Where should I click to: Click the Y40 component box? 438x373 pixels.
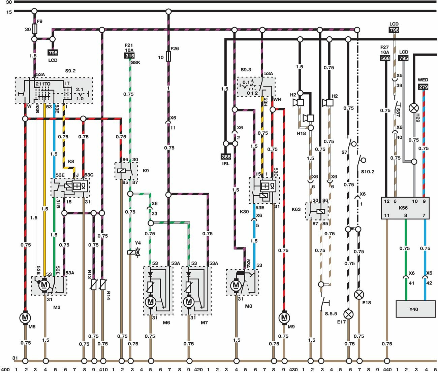pos(413,309)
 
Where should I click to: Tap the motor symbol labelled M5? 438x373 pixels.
pos(25,317)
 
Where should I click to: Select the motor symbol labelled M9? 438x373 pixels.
pos(284,317)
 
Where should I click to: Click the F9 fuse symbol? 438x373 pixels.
pos(34,28)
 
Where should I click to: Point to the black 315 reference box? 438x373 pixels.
pos(129,56)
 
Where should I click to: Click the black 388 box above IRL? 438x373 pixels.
pos(226,157)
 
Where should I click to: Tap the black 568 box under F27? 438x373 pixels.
pos(385,58)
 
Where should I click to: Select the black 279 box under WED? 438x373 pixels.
pos(423,87)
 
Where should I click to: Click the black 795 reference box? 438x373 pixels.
pos(403,58)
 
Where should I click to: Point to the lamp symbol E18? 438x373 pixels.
pos(359,295)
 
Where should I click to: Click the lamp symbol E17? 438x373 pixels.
pos(349,314)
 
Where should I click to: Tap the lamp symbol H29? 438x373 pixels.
pos(413,108)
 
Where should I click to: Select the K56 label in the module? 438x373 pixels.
pos(403,208)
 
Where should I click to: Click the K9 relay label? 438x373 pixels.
pos(146,171)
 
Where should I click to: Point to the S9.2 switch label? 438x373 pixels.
pos(70,71)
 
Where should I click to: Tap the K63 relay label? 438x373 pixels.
pos(296,209)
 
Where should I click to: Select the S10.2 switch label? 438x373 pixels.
pos(368,172)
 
